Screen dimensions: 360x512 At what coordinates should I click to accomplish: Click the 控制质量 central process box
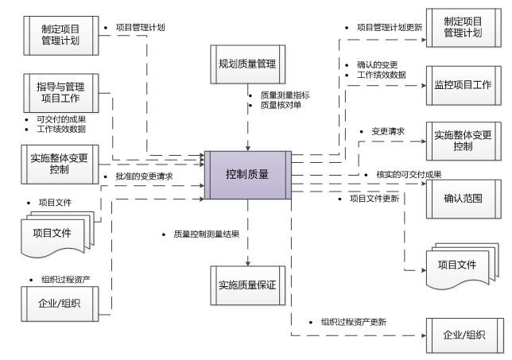pos(246,173)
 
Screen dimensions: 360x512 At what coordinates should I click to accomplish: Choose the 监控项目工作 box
pos(463,83)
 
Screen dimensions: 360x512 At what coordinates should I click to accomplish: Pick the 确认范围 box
pos(463,193)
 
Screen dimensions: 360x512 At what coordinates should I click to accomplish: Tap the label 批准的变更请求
pos(143,176)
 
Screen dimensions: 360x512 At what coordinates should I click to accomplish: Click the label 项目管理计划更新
pos(389,27)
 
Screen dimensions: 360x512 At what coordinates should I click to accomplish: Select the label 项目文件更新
pos(374,198)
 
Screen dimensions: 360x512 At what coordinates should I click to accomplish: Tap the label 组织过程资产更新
pos(353,322)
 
